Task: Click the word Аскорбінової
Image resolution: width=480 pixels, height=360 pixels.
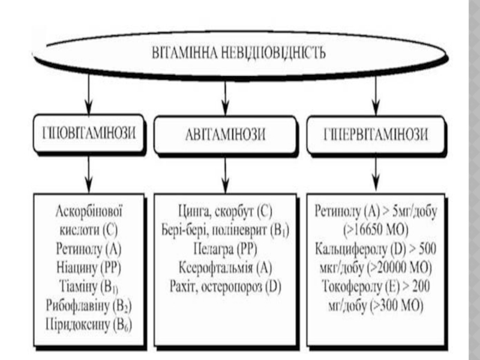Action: click(x=89, y=211)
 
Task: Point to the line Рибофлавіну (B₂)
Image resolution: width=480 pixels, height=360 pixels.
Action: click(x=89, y=306)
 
